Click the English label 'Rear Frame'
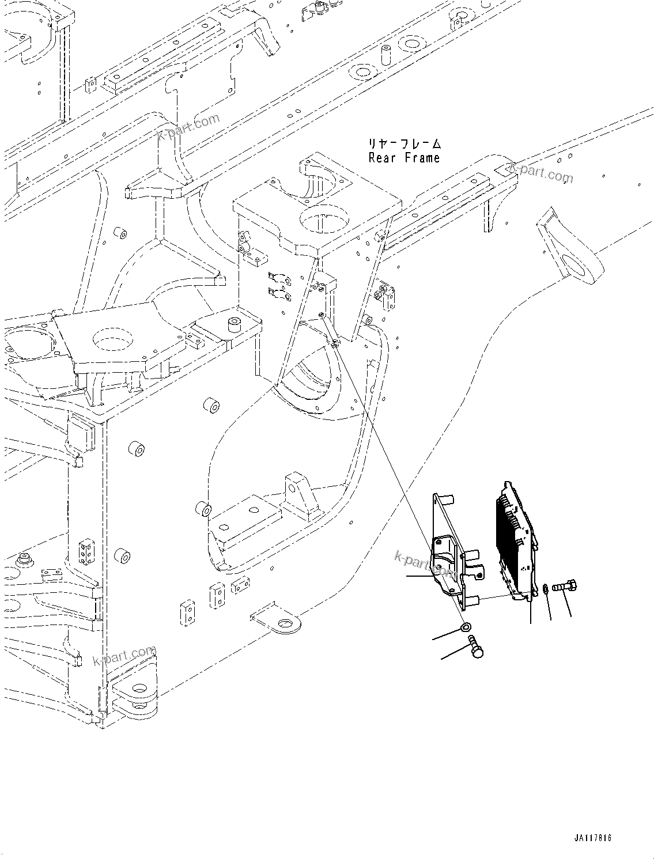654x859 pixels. point(404,157)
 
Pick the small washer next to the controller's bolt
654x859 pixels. point(545,589)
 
